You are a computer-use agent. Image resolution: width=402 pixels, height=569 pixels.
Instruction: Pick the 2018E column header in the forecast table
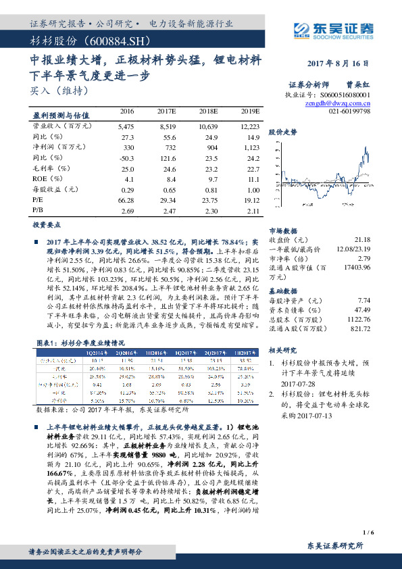[211, 111]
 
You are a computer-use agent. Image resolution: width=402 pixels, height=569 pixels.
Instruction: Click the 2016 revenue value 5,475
[127, 126]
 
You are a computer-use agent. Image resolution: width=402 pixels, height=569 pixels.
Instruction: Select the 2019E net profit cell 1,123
[251, 147]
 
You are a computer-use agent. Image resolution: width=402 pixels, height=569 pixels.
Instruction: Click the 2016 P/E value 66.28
[127, 201]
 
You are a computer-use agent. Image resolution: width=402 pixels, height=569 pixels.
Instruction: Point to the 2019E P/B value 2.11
[251, 212]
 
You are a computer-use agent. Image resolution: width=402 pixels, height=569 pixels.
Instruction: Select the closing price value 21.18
[362, 240]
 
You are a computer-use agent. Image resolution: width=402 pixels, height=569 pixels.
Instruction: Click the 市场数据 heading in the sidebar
[282, 230]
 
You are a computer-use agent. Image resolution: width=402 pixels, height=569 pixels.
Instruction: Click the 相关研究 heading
[282, 350]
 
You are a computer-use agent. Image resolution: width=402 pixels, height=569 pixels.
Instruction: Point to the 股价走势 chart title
[282, 132]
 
